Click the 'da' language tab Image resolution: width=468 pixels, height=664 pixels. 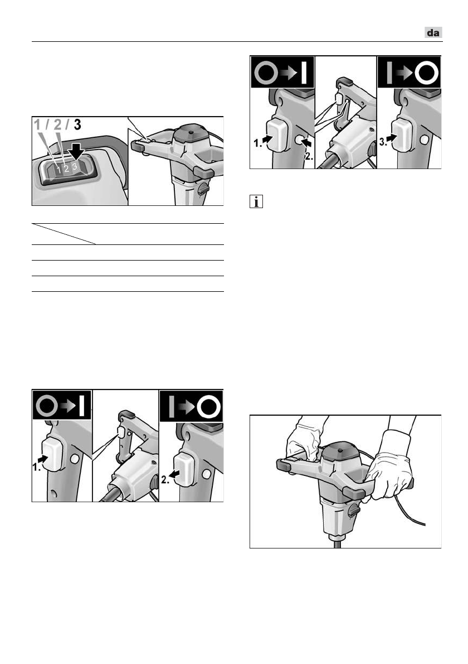pyautogui.click(x=433, y=32)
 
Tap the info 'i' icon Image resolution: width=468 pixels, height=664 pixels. pyautogui.click(x=256, y=201)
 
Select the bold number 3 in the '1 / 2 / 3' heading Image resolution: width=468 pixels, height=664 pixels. pyautogui.click(x=77, y=124)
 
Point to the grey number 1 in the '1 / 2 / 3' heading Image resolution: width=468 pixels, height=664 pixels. pyautogui.click(x=38, y=125)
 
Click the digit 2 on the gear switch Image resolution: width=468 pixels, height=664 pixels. pyautogui.click(x=66, y=169)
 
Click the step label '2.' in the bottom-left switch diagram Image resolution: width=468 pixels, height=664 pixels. pyautogui.click(x=165, y=480)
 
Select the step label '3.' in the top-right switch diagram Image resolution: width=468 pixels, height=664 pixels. pyautogui.click(x=383, y=142)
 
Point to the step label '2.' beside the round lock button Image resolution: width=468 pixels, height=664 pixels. pyautogui.click(x=309, y=156)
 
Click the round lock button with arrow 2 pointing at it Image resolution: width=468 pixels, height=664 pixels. pyautogui.click(x=299, y=139)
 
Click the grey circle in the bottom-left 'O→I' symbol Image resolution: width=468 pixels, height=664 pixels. pyautogui.click(x=47, y=406)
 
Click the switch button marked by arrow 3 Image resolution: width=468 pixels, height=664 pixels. pyautogui.click(x=402, y=134)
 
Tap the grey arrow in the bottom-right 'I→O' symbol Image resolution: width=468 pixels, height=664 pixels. pyautogui.click(x=187, y=407)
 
